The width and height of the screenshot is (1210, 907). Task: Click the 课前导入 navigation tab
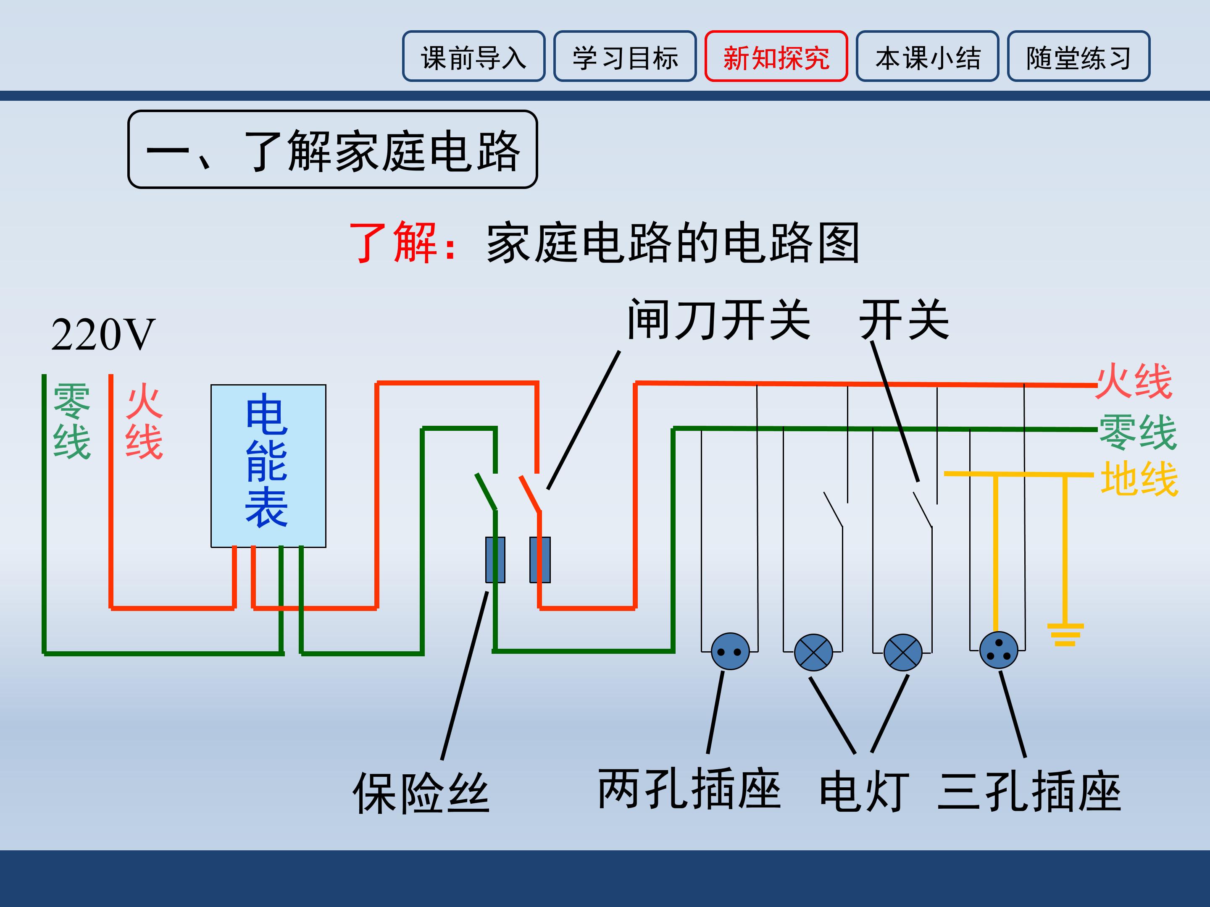[x=474, y=56]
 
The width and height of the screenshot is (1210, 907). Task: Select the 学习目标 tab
[x=625, y=56]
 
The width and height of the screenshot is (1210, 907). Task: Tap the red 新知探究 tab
[x=776, y=56]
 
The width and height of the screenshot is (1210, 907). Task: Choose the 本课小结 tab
[x=927, y=56]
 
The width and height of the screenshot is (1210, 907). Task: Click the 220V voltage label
[x=103, y=335]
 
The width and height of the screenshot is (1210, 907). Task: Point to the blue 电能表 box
[x=268, y=465]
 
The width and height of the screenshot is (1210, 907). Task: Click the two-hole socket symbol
[x=730, y=650]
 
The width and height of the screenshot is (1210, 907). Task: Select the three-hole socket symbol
[x=998, y=650]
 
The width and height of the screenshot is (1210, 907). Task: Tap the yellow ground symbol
[x=1065, y=634]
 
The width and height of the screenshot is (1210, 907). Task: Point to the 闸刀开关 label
[x=718, y=320]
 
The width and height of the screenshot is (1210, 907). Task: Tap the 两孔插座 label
[x=689, y=789]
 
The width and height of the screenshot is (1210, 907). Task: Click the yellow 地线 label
[x=1139, y=479]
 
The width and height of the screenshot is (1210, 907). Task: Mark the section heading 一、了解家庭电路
[x=333, y=150]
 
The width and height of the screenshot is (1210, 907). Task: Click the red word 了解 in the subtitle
[x=393, y=242]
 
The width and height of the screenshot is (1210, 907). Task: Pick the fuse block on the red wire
[x=540, y=559]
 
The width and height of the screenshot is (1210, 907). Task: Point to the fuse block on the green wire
[x=495, y=559]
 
